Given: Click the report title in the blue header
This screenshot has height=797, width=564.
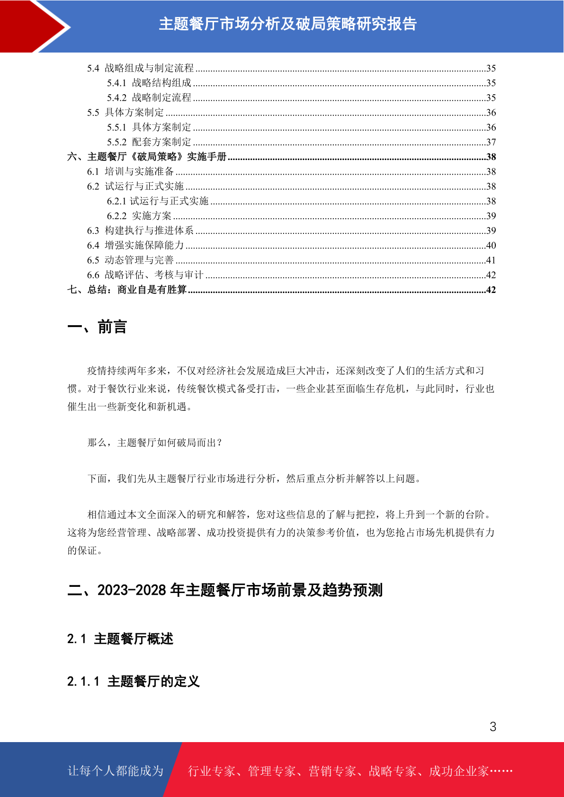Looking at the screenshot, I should pyautogui.click(x=287, y=24).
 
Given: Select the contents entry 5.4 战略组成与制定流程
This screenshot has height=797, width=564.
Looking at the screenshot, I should pyautogui.click(x=141, y=68).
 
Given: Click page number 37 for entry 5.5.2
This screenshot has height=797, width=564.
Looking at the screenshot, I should pyautogui.click(x=491, y=142).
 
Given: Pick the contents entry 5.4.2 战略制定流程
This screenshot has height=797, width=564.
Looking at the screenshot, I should pyautogui.click(x=149, y=97).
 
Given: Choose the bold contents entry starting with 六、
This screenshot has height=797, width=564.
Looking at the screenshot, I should pyautogui.click(x=147, y=157).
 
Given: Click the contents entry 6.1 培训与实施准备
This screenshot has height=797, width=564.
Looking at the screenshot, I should pyautogui.click(x=130, y=171).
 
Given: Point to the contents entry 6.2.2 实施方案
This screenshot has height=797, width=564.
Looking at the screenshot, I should pyautogui.click(x=139, y=216).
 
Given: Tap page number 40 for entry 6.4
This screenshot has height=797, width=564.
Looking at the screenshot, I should pyautogui.click(x=491, y=245).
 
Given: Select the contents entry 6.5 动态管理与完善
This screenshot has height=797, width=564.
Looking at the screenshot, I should pyautogui.click(x=130, y=260).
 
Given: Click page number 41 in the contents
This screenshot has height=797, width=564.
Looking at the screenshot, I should pyautogui.click(x=491, y=260).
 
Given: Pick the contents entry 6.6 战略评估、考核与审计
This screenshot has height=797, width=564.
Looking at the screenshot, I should pyautogui.click(x=145, y=275).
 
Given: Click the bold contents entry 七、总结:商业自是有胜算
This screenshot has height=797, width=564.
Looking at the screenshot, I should pyautogui.click(x=127, y=290).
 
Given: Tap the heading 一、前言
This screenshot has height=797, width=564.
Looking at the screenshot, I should pyautogui.click(x=97, y=327).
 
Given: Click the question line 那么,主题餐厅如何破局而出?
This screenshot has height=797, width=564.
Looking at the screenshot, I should pyautogui.click(x=155, y=443).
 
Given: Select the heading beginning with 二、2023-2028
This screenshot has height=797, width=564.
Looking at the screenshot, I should pyautogui.click(x=225, y=590).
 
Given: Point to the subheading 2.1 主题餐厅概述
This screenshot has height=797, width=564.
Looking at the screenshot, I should pyautogui.click(x=120, y=639).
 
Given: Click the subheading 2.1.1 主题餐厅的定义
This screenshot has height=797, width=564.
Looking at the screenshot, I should pyautogui.click(x=134, y=682).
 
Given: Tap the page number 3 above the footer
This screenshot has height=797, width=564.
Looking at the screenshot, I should pyautogui.click(x=493, y=726).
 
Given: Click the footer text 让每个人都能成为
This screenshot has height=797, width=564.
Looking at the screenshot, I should pyautogui.click(x=116, y=771).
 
